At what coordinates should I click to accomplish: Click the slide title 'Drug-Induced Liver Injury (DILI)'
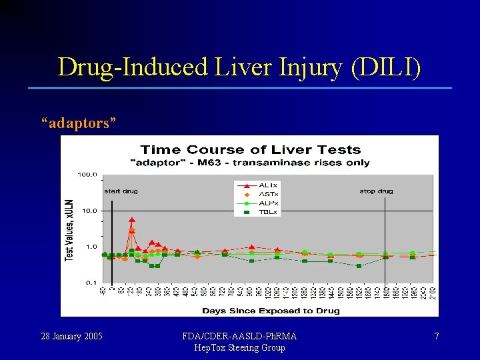(x=239, y=67)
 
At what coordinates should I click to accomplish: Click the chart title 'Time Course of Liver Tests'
(x=251, y=150)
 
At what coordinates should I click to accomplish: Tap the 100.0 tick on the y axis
(x=88, y=175)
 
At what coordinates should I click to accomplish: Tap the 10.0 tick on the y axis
(x=89, y=211)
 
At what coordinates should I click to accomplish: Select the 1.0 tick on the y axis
(x=91, y=247)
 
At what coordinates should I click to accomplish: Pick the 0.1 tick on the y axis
(x=91, y=283)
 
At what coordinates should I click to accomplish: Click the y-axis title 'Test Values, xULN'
(x=69, y=229)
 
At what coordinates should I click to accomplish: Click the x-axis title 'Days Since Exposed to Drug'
(x=270, y=310)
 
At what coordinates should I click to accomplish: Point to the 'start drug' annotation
(x=121, y=191)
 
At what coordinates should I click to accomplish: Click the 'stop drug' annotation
(x=377, y=191)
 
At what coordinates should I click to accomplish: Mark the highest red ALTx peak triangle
(x=132, y=219)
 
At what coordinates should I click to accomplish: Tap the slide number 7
(x=437, y=337)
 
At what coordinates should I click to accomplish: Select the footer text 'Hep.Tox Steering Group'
(x=239, y=347)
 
